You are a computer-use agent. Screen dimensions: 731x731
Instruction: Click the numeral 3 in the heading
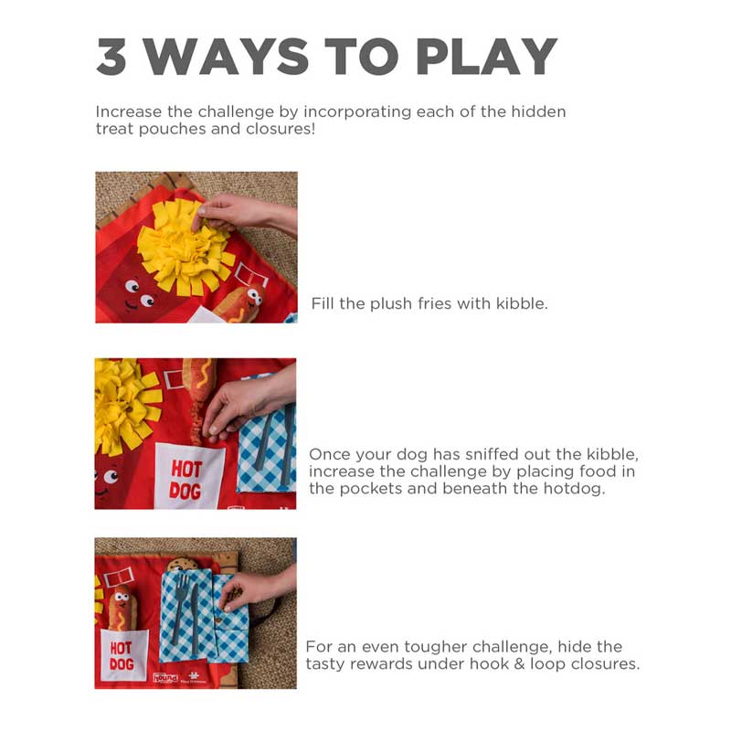(x=111, y=57)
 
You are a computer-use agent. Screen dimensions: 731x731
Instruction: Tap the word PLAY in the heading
(x=486, y=57)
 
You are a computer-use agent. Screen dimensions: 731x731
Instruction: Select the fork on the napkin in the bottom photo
(x=180, y=607)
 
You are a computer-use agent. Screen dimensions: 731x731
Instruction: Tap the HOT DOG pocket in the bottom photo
(x=124, y=654)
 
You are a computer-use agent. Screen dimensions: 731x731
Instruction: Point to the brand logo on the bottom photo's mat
(x=165, y=677)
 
